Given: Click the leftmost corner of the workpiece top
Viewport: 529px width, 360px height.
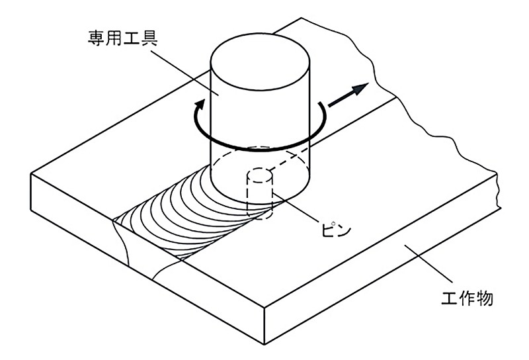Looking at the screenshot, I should tap(32, 173).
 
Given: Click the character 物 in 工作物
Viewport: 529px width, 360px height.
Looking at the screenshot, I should tap(484, 298).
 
